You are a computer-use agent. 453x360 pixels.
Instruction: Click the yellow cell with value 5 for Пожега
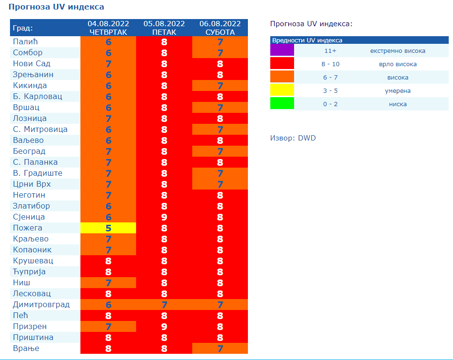tap(108, 228)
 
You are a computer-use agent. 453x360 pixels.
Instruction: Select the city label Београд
tap(29, 151)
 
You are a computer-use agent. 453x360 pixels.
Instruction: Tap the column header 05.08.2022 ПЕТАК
tap(164, 28)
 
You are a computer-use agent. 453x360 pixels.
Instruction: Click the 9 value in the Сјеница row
tap(164, 217)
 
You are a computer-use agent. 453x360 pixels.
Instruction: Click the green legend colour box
tap(282, 104)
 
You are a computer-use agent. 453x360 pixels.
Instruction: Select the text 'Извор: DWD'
tap(293, 138)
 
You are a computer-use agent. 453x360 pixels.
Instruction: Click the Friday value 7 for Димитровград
tap(164, 305)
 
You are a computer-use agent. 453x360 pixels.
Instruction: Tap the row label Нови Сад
tap(31, 64)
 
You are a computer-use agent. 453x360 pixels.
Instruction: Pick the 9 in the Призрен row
tap(164, 327)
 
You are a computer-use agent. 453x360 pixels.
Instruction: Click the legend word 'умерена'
tap(397, 90)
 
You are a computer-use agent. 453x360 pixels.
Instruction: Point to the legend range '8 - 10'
tap(330, 64)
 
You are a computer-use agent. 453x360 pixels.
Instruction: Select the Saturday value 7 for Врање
tap(220, 349)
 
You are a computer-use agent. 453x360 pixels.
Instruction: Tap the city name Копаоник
tap(32, 250)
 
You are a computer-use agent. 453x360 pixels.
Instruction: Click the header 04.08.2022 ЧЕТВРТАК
tap(108, 28)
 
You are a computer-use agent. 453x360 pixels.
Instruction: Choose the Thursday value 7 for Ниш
tap(108, 283)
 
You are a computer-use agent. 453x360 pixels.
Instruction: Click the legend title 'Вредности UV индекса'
tap(307, 40)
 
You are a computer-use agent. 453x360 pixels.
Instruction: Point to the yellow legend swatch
tap(282, 90)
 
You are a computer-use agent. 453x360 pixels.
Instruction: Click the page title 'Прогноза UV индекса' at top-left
tap(56, 7)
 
